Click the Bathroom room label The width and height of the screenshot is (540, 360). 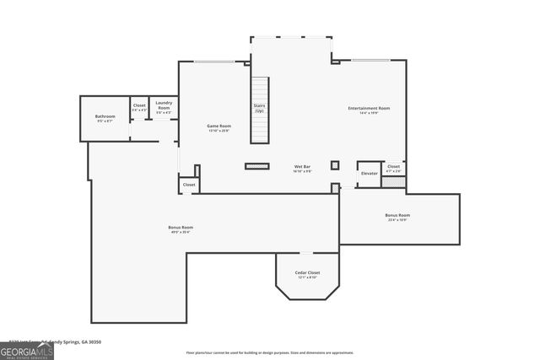coord(105,116)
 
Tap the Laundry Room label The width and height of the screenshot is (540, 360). coord(164,105)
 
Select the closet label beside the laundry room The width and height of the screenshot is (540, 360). coord(139,105)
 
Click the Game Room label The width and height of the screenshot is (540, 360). coord(219,126)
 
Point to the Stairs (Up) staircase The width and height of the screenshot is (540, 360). coord(259,109)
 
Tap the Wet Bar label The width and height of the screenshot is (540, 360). coord(302,167)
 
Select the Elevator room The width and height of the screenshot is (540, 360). coord(369,173)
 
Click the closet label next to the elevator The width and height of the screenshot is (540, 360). coord(393,167)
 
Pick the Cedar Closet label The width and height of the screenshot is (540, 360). coord(307,273)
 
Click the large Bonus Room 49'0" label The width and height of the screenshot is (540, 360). coord(181,227)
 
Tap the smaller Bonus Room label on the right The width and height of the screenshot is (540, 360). coord(397,215)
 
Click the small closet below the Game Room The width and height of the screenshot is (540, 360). coord(189,184)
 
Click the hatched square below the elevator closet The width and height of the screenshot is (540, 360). coord(393,182)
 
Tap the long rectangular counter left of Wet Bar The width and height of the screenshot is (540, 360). coord(256,166)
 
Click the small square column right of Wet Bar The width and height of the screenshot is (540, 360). coord(334,165)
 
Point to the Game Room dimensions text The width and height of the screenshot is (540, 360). coord(219,131)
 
